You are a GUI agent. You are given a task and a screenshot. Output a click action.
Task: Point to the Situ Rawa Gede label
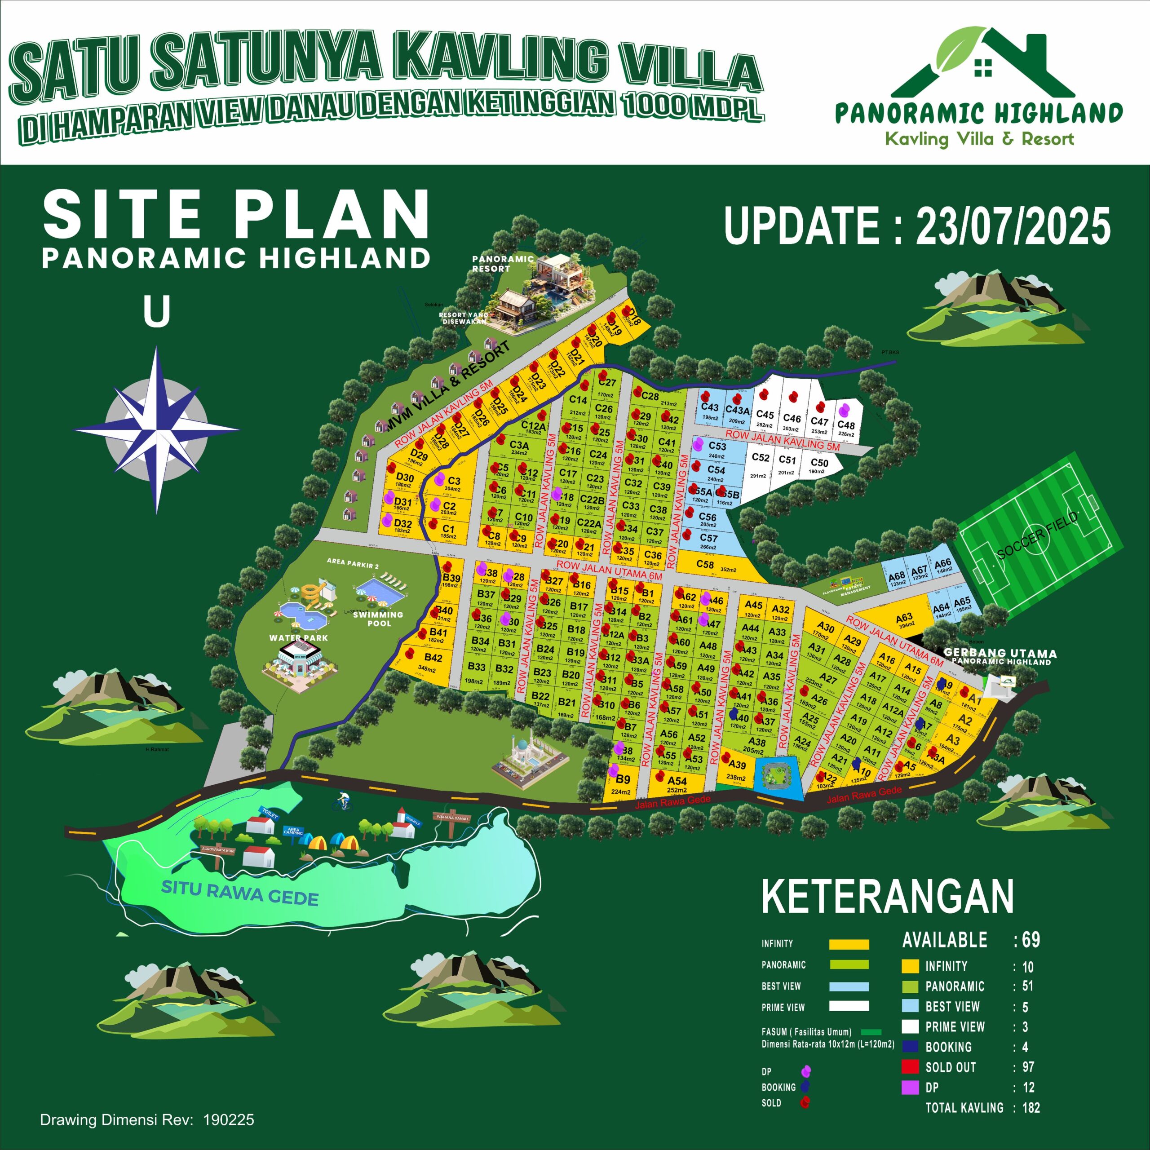pyautogui.click(x=240, y=893)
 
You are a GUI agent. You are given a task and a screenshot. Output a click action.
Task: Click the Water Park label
pyautogui.click(x=298, y=637)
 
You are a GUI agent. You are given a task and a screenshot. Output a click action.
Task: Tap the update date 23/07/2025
pyautogui.click(x=917, y=227)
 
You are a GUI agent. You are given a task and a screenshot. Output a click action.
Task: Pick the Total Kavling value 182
pyautogui.click(x=1031, y=1108)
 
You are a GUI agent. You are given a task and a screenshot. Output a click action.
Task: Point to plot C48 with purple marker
pyautogui.click(x=846, y=423)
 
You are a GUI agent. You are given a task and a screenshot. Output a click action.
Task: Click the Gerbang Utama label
pyautogui.click(x=1000, y=654)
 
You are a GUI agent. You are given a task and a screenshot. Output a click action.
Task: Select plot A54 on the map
pyautogui.click(x=677, y=783)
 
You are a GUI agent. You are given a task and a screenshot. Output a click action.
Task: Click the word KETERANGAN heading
pyautogui.click(x=888, y=897)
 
